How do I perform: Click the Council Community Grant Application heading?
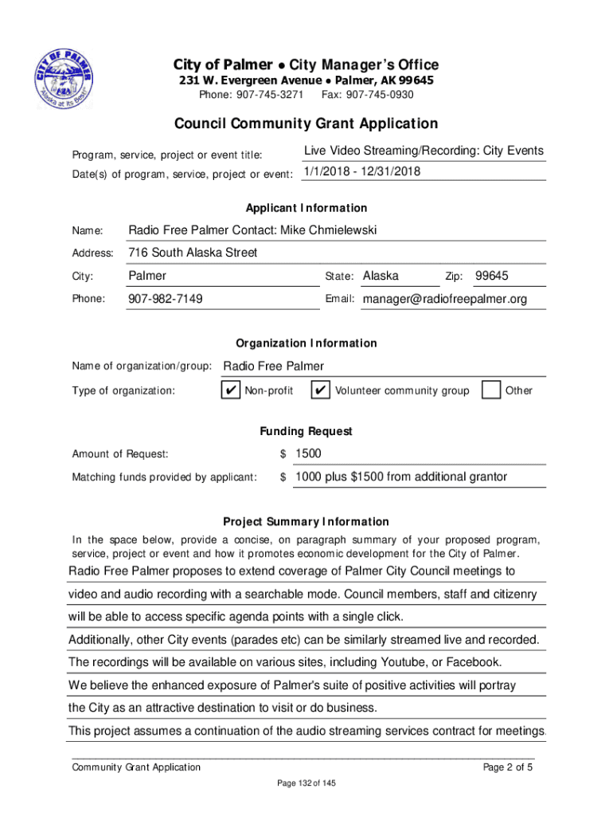point(306,124)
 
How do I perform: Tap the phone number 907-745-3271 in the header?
point(270,95)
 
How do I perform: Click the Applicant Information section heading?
point(306,208)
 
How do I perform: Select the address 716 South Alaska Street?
point(193,253)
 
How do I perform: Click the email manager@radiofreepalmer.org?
point(444,299)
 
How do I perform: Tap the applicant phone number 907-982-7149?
point(166,299)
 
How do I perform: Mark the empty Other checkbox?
point(492,390)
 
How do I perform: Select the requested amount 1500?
point(308,453)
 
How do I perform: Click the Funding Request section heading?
point(306,431)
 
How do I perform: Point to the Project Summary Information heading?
point(306,522)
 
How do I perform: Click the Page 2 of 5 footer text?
point(508,767)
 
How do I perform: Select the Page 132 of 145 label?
point(306,784)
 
